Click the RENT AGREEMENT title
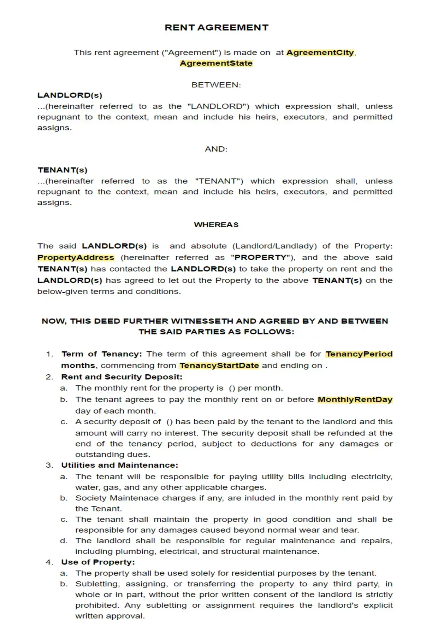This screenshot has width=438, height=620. (217, 28)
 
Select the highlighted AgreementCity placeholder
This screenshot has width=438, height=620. (320, 53)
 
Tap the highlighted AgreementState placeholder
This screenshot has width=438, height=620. (216, 63)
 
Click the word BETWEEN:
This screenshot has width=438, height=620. (216, 85)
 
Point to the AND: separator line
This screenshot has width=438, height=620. (216, 149)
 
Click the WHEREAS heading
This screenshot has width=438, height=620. (216, 225)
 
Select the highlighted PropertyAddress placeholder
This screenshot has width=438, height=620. (76, 257)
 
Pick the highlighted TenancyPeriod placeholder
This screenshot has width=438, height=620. (359, 354)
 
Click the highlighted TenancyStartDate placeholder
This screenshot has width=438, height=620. (219, 365)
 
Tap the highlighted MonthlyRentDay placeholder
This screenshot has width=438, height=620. (355, 399)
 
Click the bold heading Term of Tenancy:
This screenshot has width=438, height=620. (102, 354)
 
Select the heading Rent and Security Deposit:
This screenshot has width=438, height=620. (122, 377)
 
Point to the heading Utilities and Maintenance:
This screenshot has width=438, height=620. (120, 465)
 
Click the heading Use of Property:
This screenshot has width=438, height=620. (98, 562)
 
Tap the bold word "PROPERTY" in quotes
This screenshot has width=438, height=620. (260, 257)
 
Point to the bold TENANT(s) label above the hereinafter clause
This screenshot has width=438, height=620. (63, 170)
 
